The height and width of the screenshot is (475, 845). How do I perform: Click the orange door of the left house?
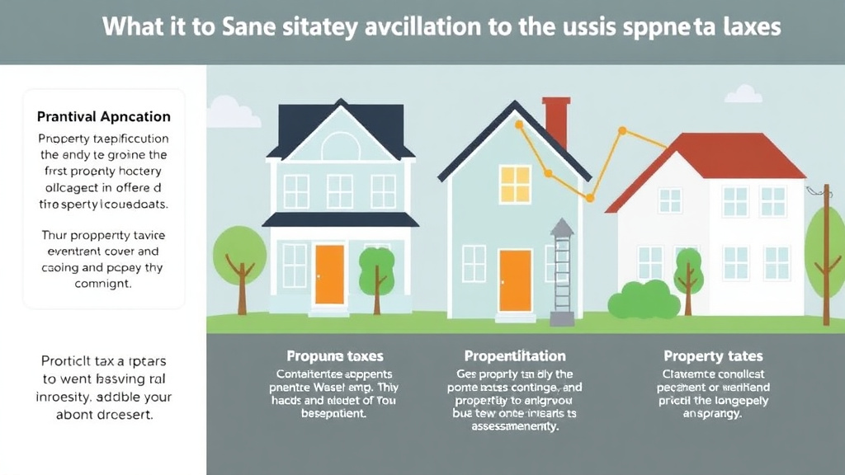pos(329,274)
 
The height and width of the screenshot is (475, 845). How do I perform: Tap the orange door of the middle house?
pos(515,280)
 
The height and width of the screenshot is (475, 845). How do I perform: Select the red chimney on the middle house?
pos(556,123)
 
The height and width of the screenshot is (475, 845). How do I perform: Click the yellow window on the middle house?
pos(515,184)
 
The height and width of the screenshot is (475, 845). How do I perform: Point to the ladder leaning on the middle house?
pos(562,276)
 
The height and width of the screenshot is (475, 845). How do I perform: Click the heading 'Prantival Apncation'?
pos(104,117)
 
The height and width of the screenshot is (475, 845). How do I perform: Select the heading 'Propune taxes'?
pos(335,356)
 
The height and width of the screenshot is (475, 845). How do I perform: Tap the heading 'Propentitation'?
pos(515,356)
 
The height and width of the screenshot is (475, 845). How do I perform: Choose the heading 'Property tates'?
pos(713,356)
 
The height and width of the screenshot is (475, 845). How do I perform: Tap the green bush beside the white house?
pos(640,299)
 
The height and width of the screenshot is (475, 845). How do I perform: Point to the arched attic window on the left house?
pos(340,148)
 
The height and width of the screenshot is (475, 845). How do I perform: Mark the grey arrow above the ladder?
pos(561,227)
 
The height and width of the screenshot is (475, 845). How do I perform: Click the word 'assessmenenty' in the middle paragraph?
pos(515,427)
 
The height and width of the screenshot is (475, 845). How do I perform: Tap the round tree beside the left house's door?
pos(375,267)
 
